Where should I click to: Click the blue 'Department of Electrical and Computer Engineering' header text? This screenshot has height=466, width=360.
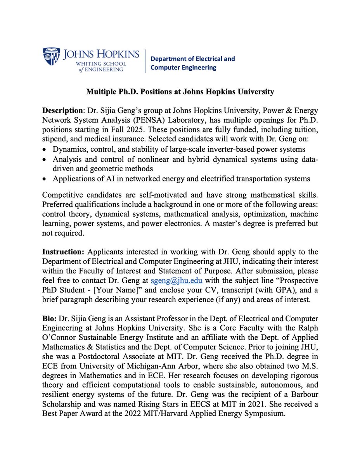point(192,63)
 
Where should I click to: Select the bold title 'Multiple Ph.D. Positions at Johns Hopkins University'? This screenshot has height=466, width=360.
point(180,92)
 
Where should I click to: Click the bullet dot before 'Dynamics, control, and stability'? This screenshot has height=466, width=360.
point(45,149)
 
